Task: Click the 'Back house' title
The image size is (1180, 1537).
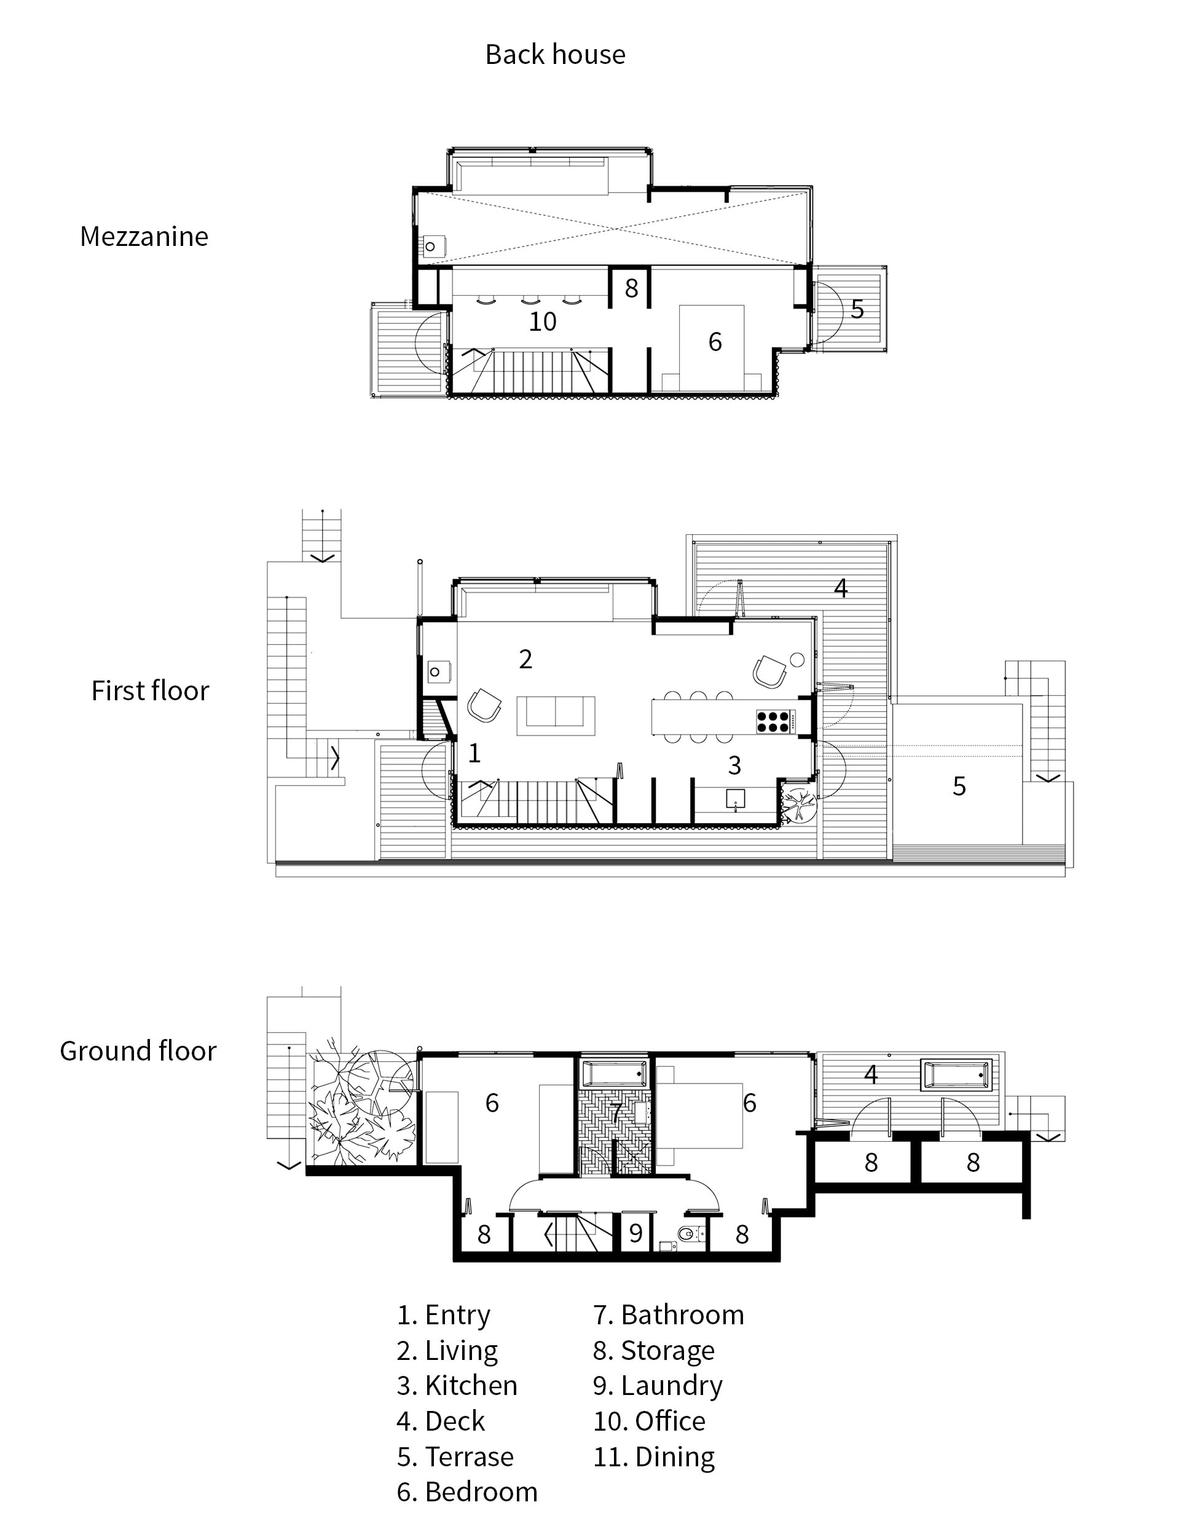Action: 555,55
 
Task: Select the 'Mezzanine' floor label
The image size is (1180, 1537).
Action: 144,237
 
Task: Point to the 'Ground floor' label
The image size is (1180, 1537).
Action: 138,1051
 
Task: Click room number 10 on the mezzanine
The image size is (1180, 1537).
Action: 542,322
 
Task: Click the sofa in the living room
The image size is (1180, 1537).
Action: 556,715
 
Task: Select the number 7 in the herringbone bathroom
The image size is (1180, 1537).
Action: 615,1113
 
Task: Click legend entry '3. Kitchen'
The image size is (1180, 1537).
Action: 457,1385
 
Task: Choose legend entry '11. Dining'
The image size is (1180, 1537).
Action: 654,1456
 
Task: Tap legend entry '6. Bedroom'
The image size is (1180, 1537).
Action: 467,1492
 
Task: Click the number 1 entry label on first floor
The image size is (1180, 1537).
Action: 474,753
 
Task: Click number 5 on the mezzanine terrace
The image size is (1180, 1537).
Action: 857,309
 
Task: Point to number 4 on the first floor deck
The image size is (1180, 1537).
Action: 840,587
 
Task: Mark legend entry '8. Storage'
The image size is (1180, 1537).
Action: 654,1350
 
